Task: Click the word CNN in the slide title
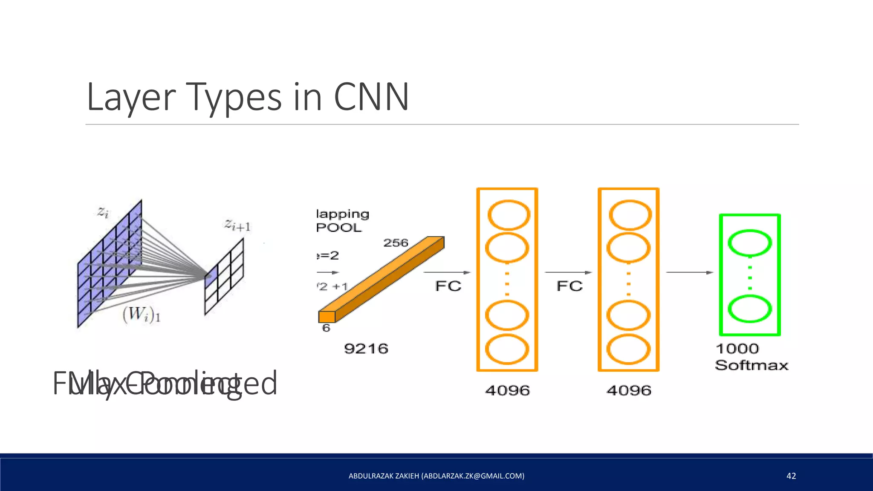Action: click(371, 97)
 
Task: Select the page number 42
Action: click(791, 476)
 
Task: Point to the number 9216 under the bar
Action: click(366, 349)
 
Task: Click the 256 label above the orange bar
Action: click(396, 243)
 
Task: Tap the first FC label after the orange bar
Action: click(448, 286)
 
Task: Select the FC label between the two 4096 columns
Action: click(569, 286)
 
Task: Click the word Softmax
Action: click(751, 365)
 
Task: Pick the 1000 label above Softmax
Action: click(737, 349)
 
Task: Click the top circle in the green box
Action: click(749, 243)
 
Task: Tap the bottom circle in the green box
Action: click(749, 309)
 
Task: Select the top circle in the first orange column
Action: click(508, 215)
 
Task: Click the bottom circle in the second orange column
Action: click(628, 349)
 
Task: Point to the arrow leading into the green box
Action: click(689, 272)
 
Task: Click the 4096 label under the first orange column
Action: click(507, 390)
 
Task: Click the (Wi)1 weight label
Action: click(141, 315)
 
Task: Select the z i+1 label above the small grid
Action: click(237, 225)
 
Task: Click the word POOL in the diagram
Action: click(338, 228)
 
